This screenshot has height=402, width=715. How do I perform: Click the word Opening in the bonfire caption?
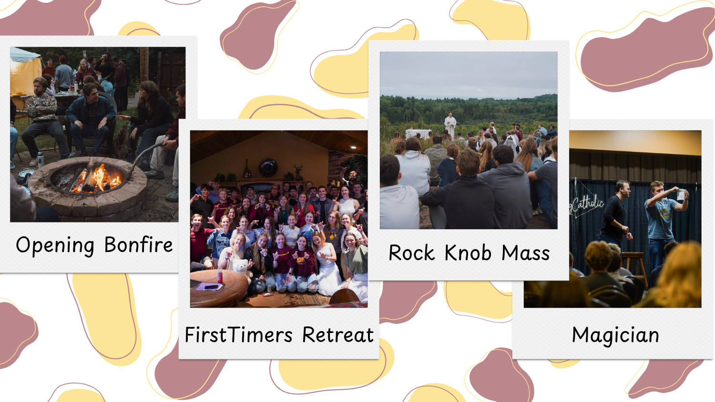(x=55, y=245)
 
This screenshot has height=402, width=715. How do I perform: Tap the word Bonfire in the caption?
(x=139, y=245)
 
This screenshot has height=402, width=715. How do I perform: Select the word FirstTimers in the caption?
(x=238, y=335)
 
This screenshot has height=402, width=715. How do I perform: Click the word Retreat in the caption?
(x=337, y=335)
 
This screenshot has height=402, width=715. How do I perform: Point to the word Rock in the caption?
(x=411, y=253)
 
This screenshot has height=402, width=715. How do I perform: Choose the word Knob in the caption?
(x=468, y=253)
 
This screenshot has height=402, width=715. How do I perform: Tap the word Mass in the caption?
(x=525, y=253)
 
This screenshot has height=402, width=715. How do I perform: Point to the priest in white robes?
(x=450, y=124)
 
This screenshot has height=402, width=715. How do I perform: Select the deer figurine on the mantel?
(x=298, y=171)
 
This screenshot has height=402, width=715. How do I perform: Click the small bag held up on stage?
(x=680, y=194)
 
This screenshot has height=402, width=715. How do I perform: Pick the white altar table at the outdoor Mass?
(x=417, y=133)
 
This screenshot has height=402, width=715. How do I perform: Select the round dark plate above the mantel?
(x=267, y=168)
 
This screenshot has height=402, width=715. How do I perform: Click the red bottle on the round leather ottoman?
(x=220, y=275)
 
